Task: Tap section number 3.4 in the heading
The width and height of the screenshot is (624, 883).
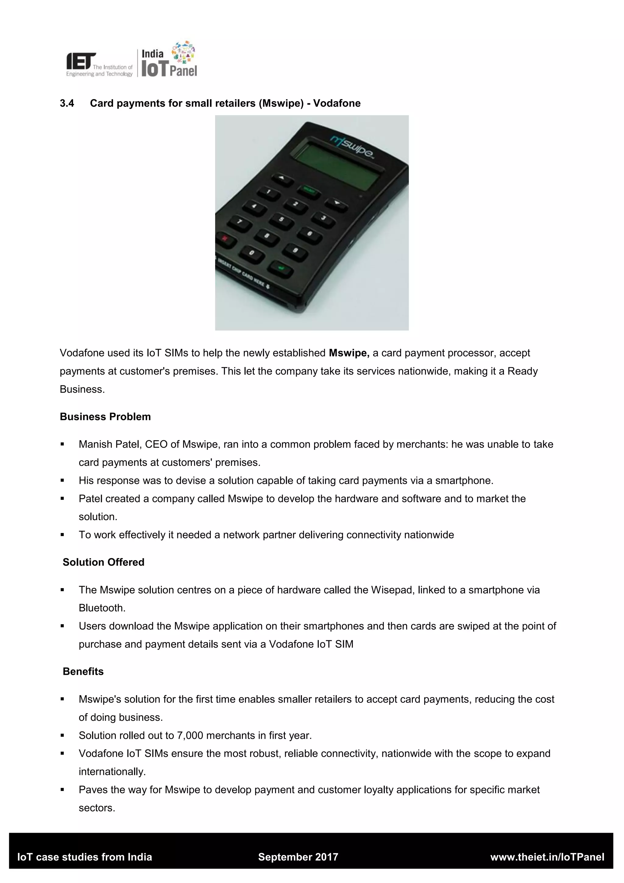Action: (67, 103)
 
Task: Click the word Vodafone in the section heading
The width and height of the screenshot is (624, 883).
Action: (337, 103)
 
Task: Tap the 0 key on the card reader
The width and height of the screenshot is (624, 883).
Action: (252, 253)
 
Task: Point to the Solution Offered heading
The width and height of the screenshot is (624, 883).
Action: (103, 562)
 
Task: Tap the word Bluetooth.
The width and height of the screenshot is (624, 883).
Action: (102, 608)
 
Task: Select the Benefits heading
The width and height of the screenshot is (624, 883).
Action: (83, 671)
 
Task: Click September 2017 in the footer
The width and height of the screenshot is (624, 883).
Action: (298, 857)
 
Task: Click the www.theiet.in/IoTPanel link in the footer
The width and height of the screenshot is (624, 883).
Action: (547, 857)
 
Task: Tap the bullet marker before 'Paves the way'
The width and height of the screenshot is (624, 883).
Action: (62, 789)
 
